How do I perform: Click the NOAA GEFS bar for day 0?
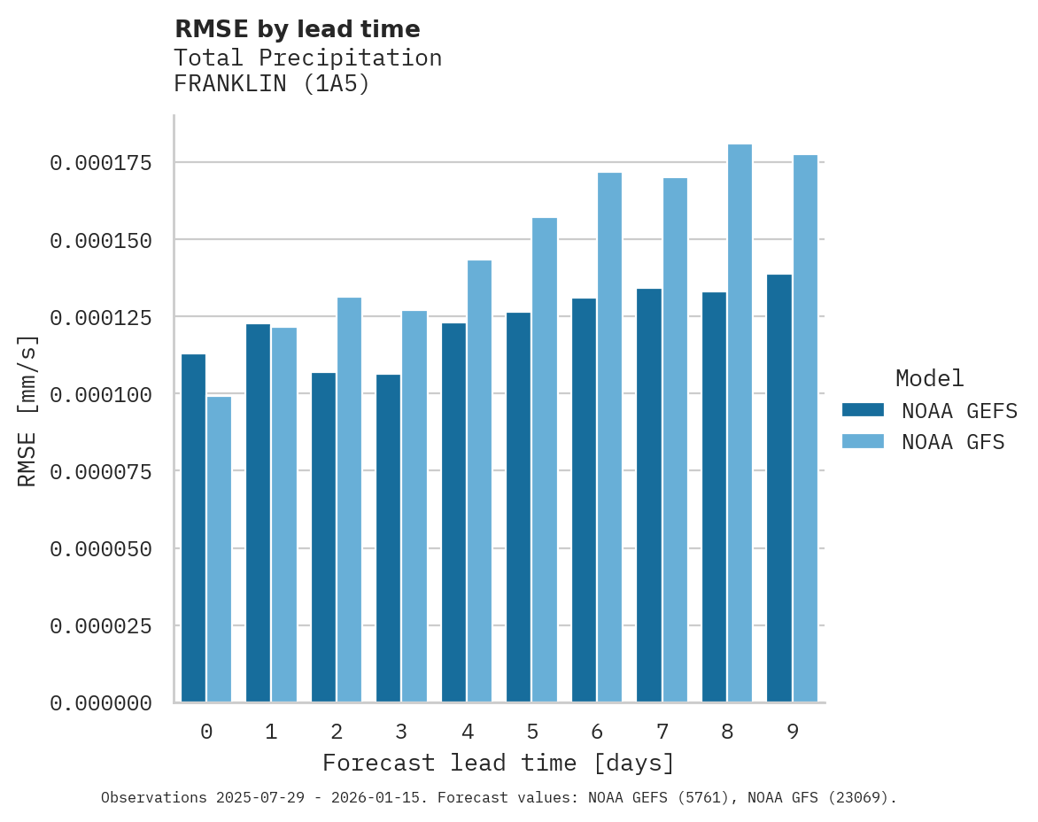[193, 528]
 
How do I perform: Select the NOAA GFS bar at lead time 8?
[740, 423]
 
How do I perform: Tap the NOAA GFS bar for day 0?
[220, 549]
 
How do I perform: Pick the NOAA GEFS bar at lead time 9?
[779, 488]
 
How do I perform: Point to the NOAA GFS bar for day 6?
[609, 438]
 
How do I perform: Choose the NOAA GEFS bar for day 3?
[389, 539]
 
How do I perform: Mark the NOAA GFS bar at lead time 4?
[479, 481]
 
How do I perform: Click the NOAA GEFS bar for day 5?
[519, 508]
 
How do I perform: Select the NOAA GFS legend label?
[953, 442]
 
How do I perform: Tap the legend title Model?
[929, 379]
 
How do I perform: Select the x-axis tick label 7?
[662, 732]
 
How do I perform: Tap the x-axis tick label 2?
[337, 732]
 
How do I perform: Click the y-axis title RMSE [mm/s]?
[27, 411]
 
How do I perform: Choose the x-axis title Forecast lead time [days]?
[499, 763]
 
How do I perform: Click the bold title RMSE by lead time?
[297, 29]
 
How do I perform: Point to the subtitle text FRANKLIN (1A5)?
[271, 84]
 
